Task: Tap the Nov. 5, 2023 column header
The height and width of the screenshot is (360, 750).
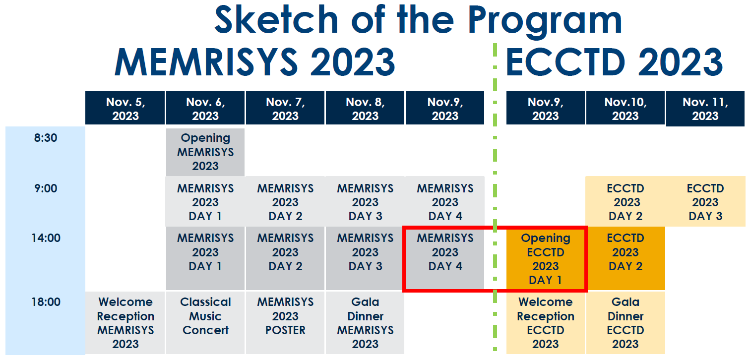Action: (x=125, y=109)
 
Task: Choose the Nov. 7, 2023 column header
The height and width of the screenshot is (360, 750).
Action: (x=285, y=109)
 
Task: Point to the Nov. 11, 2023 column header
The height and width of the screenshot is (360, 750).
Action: (x=705, y=109)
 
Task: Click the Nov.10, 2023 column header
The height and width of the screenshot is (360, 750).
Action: (x=625, y=109)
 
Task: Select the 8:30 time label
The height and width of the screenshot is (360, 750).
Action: (x=46, y=138)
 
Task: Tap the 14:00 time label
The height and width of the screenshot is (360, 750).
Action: (x=46, y=238)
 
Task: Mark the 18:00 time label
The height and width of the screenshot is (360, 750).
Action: (x=46, y=302)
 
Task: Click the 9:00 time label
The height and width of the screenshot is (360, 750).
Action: (x=46, y=188)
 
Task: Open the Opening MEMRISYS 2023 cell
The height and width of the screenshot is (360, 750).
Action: (x=205, y=152)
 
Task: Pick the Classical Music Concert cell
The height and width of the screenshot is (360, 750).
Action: (x=205, y=316)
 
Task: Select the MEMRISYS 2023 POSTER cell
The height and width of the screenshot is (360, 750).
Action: (x=285, y=316)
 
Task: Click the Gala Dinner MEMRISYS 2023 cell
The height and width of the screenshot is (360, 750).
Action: (x=365, y=322)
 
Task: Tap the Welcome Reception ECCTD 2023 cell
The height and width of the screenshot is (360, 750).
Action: (x=545, y=322)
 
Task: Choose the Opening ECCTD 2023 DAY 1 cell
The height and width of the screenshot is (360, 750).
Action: (x=545, y=259)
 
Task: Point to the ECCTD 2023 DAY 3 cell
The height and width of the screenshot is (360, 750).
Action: (x=705, y=202)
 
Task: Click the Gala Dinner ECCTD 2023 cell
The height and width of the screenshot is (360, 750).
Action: (x=625, y=322)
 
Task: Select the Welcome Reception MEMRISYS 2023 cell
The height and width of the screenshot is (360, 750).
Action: (x=125, y=322)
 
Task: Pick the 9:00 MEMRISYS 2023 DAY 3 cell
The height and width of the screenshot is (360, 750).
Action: (x=365, y=202)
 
